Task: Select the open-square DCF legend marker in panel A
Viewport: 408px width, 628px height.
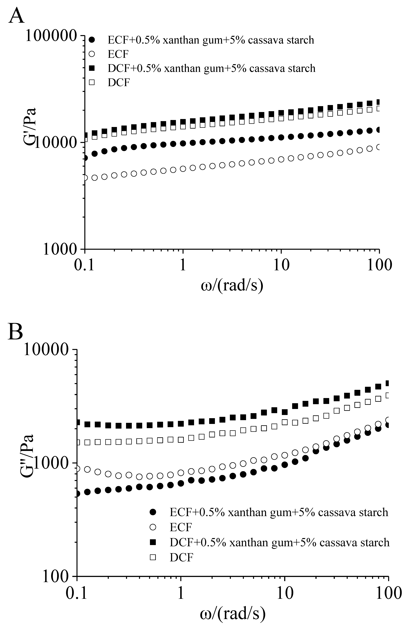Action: click(x=92, y=82)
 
